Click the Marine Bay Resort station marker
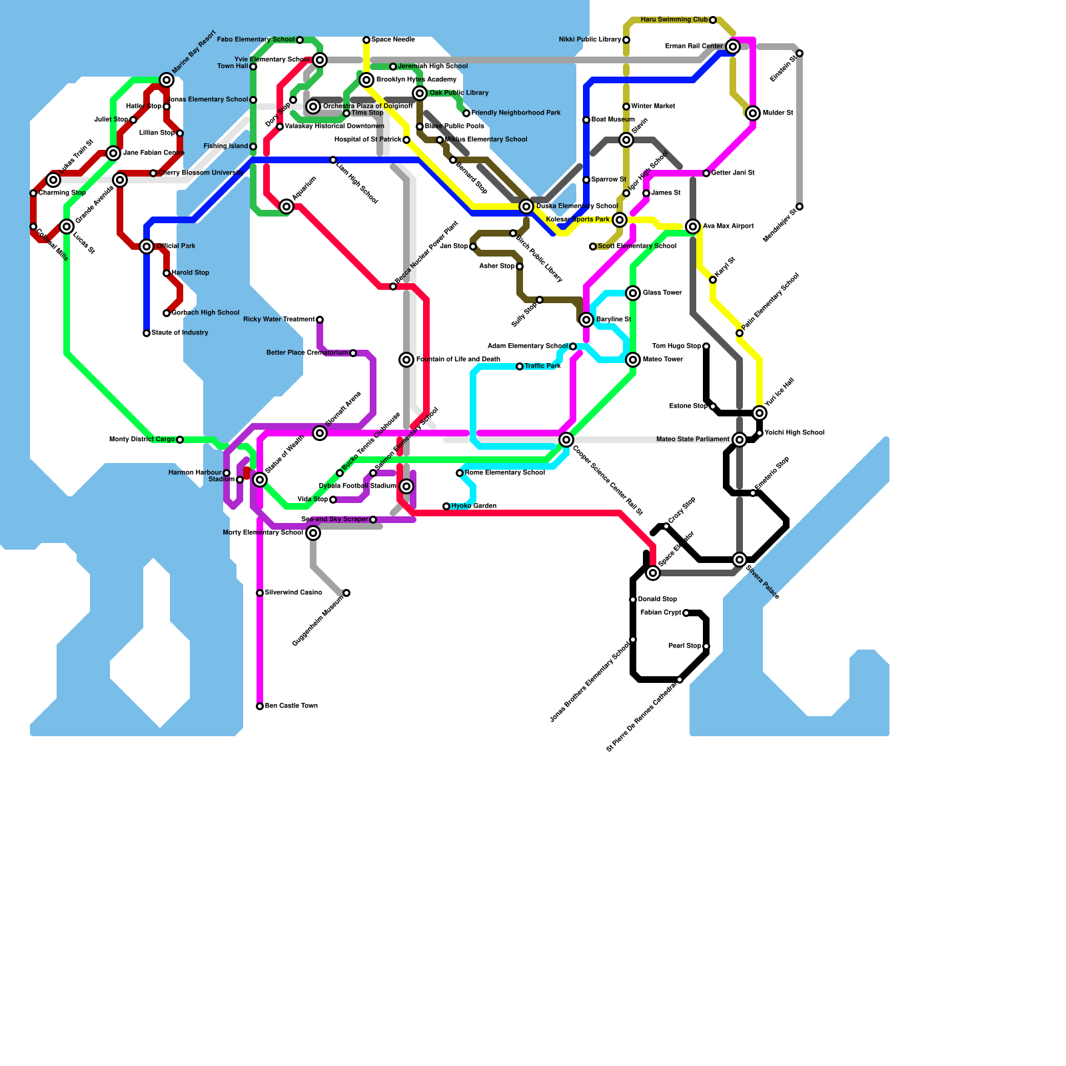pos(167,80)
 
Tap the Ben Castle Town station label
pos(291,706)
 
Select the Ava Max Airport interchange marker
pos(693,227)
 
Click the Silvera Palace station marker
pos(740,560)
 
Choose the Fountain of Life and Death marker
pos(406,360)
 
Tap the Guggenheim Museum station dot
pos(346,593)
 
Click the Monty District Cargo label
pos(142,440)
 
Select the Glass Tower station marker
pos(633,293)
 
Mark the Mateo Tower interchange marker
pos(633,360)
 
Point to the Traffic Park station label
pos(542,366)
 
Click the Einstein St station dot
pos(799,53)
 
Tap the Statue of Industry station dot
pos(147,333)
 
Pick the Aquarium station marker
pos(286,207)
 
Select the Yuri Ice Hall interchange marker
pos(760,413)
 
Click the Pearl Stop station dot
pos(706,646)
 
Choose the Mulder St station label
pos(778,113)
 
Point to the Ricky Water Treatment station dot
pos(320,320)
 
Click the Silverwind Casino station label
pos(293,593)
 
